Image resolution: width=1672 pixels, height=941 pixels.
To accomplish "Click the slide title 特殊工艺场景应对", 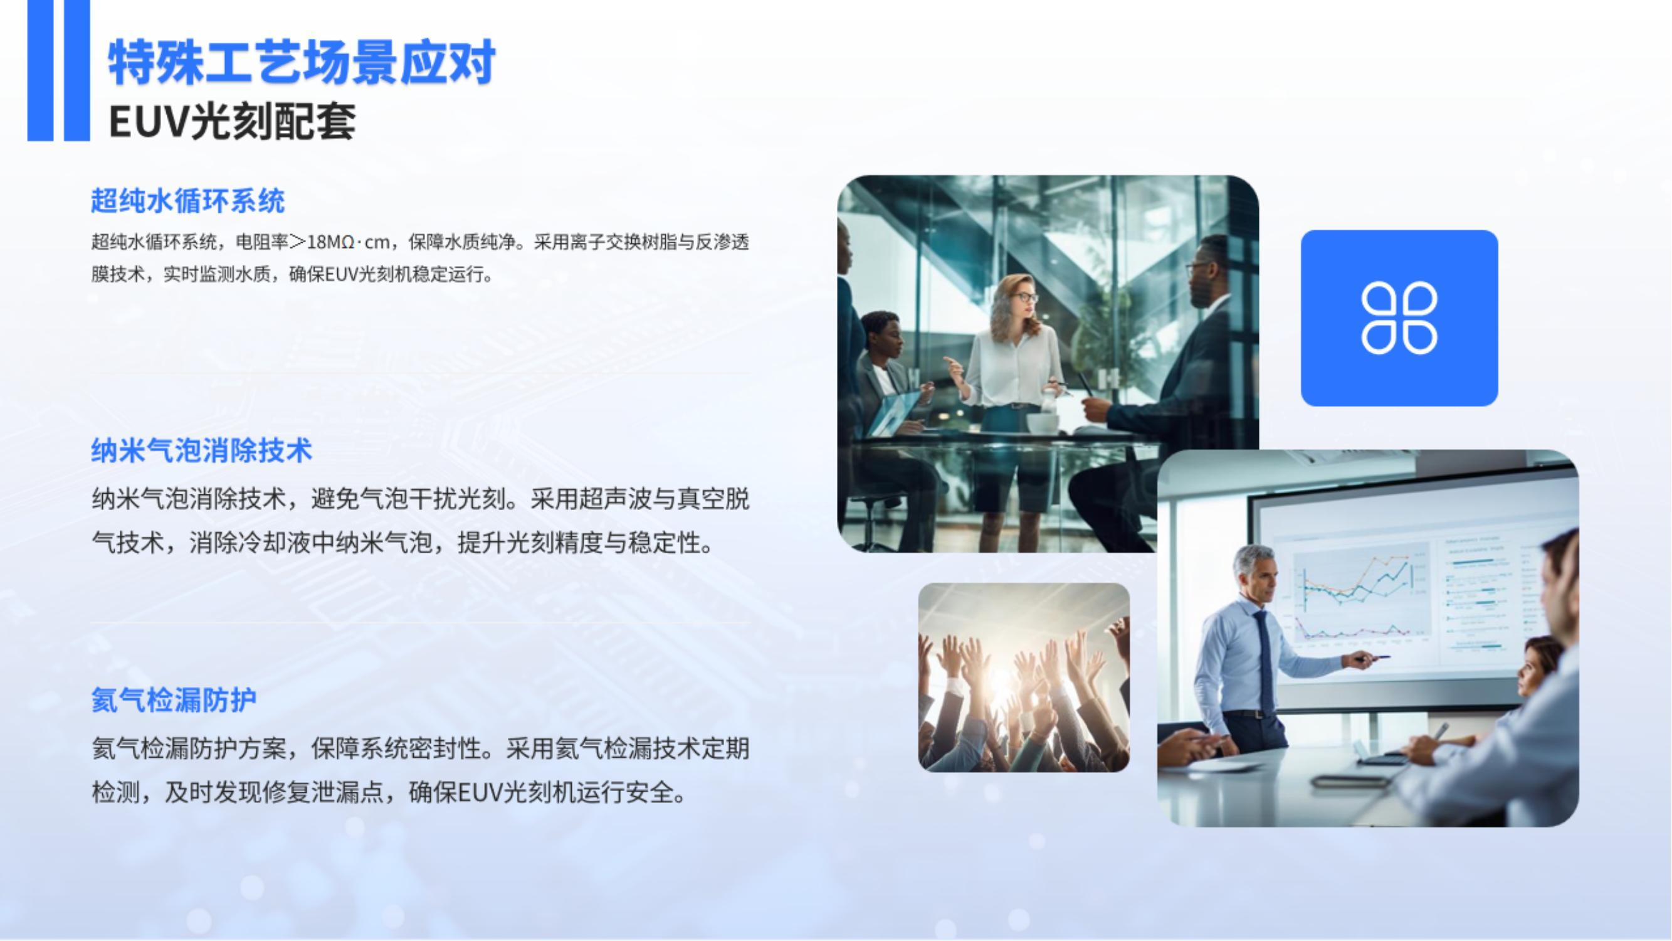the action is point(302,62).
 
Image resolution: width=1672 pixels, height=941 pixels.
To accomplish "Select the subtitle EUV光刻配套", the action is point(233,122).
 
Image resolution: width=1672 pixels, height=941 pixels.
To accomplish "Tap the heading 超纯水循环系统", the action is point(187,201).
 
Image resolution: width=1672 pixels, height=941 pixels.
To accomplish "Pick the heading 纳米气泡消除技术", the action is point(201,450).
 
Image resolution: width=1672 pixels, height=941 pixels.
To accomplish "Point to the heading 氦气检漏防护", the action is point(174,699).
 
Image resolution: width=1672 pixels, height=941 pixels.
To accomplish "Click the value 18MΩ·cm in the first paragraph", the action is point(348,242).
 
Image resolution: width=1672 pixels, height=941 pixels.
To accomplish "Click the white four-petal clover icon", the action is point(1399,318).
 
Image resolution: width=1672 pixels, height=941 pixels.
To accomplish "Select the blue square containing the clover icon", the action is point(1399,318).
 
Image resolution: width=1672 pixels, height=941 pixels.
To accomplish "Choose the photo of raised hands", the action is point(1024,678).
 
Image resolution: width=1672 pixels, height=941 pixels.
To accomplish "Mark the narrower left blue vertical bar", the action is point(40,70).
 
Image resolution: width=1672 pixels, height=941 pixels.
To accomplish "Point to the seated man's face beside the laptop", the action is point(886,338).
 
